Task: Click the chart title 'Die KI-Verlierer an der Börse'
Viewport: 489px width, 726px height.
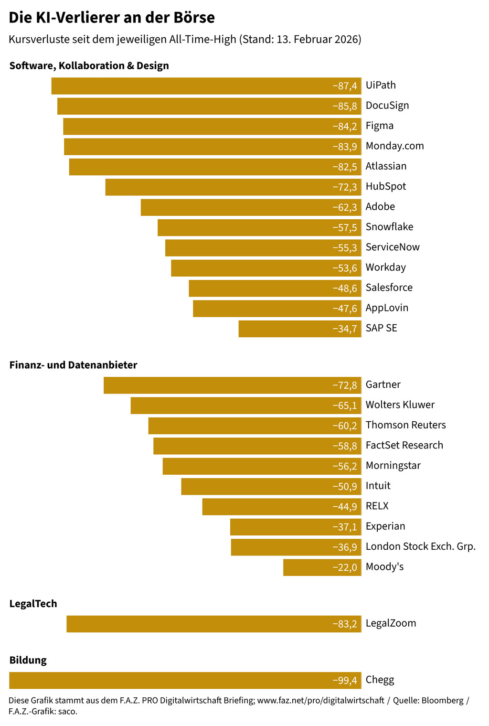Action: pos(112,18)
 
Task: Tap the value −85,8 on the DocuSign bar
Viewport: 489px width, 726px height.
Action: pos(345,106)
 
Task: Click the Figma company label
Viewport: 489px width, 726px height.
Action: pos(380,126)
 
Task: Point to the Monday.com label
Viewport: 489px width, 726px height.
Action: pos(394,146)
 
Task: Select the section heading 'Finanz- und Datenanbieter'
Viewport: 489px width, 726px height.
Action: pos(73,365)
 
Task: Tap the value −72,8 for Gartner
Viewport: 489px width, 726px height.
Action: pos(345,385)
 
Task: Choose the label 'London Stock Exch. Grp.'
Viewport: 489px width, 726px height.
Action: pos(420,546)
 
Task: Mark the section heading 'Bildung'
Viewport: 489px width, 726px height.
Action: pos(28,661)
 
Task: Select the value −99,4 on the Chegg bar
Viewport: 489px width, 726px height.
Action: pos(345,681)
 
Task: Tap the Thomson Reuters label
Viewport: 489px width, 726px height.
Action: pos(405,425)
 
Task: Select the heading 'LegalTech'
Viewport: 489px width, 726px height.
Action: pos(33,604)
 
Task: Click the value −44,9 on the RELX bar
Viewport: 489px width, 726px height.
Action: pos(345,507)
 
